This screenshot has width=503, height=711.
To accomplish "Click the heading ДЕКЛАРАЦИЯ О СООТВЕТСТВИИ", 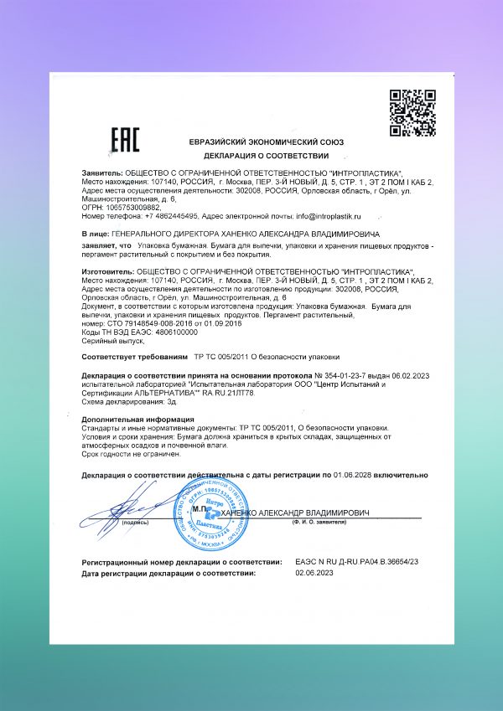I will tap(258, 157).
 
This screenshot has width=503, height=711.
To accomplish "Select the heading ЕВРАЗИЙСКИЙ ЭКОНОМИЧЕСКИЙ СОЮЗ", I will tap(258, 142).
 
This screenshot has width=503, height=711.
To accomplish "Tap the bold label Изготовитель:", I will tap(106, 273).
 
